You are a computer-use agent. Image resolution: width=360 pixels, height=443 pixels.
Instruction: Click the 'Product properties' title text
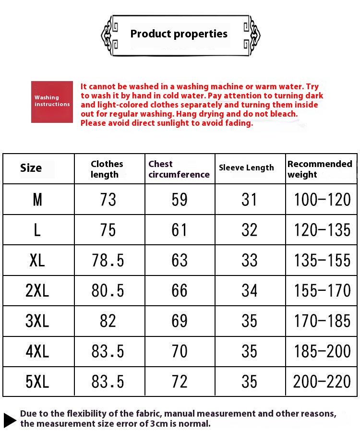tap(179, 34)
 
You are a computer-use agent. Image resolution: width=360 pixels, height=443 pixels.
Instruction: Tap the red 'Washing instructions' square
tap(52, 102)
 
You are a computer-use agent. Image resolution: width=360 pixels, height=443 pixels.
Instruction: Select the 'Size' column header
tap(31, 168)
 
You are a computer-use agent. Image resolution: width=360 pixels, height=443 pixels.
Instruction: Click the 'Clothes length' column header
tap(107, 169)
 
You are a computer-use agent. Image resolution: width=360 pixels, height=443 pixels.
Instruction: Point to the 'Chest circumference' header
tap(179, 169)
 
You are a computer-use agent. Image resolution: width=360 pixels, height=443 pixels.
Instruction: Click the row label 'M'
tap(37, 200)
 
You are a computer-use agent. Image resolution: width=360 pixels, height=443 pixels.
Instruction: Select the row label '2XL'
tap(37, 290)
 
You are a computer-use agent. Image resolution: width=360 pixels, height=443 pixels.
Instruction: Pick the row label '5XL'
tap(37, 382)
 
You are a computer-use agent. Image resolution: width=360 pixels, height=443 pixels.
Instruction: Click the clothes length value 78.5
tap(108, 260)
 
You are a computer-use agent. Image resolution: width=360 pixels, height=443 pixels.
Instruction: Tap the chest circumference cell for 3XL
tap(180, 321)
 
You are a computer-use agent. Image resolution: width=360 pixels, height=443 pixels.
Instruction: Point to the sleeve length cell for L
tap(250, 230)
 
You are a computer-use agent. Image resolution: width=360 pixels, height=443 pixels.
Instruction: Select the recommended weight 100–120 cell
tap(322, 200)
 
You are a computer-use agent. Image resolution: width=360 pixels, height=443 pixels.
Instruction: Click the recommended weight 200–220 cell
tap(322, 382)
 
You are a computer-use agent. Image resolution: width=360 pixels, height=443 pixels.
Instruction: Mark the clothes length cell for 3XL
tap(108, 321)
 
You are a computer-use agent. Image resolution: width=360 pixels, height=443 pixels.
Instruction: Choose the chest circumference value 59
tap(180, 200)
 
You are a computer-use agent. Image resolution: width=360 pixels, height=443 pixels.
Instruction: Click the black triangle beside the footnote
tap(10, 419)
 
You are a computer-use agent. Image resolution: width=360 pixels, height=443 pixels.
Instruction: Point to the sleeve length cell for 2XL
tap(250, 290)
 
